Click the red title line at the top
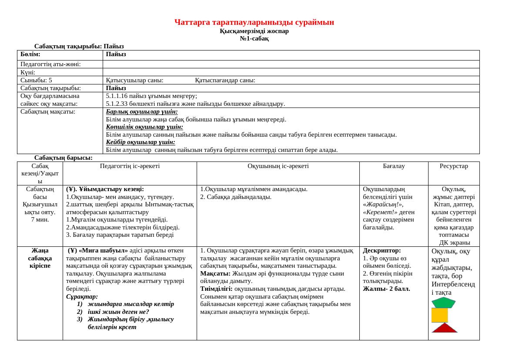pyautogui.click(x=254, y=22)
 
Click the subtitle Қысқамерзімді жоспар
pyautogui.click(x=254, y=31)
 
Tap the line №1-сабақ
pyautogui.click(x=254, y=38)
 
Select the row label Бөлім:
pyautogui.click(x=30, y=54)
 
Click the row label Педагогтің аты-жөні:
pyautogui.click(x=50, y=64)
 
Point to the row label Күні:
pyautogui.click(x=28, y=72)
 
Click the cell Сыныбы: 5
pyautogui.click(x=36, y=80)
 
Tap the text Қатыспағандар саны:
pyautogui.click(x=225, y=80)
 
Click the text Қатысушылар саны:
pyautogui.click(x=135, y=80)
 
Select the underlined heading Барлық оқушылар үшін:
pyautogui.click(x=136, y=111)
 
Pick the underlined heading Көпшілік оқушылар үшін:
pyautogui.click(x=138, y=127)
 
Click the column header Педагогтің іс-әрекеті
pyautogui.click(x=130, y=166)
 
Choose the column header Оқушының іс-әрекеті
pyautogui.click(x=278, y=166)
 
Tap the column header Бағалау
pyautogui.click(x=394, y=166)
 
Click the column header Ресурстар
pyautogui.click(x=454, y=166)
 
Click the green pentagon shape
pyautogui.click(x=443, y=303)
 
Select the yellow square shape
pyautogui.click(x=439, y=315)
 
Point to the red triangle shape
pyautogui.click(x=444, y=328)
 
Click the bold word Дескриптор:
pyautogui.click(x=382, y=251)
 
